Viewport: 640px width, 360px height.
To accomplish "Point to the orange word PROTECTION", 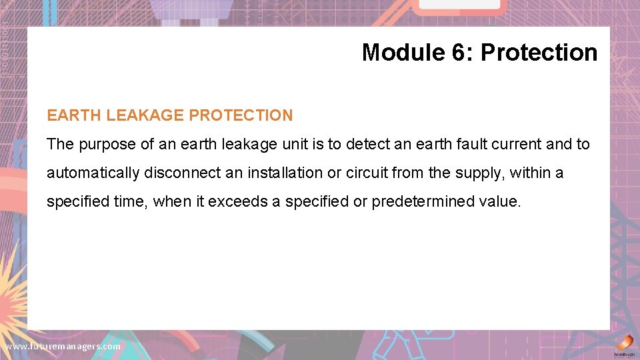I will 241,115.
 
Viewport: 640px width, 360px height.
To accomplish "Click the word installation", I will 285,173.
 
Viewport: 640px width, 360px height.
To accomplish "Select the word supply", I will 481,173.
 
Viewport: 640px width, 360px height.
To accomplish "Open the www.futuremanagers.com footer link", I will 63,347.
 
